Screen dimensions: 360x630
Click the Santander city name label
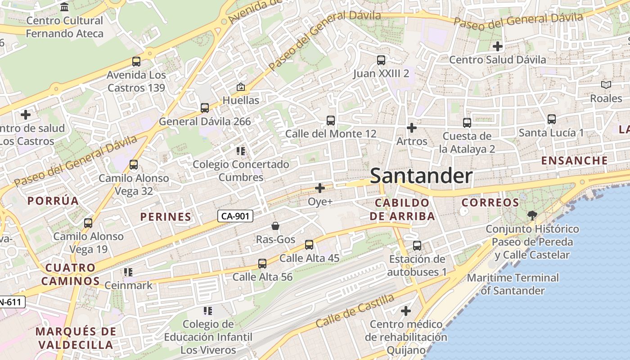[421, 176]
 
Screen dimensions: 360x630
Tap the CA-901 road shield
[235, 216]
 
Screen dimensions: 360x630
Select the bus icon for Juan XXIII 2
[381, 60]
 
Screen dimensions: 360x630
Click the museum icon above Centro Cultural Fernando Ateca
[64, 7]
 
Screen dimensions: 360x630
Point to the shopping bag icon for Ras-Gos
[275, 226]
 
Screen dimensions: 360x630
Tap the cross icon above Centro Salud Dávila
[497, 46]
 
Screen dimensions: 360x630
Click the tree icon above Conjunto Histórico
[532, 215]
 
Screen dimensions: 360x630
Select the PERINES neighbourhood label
[166, 217]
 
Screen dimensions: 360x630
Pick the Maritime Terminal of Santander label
[513, 284]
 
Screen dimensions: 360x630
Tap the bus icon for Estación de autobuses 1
[417, 246]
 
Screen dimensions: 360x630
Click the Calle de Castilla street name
[355, 310]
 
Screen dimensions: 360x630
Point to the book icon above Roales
[606, 85]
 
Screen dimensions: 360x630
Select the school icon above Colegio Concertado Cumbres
[241, 151]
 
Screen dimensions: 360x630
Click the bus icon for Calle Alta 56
[262, 264]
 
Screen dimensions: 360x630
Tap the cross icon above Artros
[411, 128]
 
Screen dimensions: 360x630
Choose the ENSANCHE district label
[574, 161]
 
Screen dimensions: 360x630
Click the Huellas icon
[241, 87]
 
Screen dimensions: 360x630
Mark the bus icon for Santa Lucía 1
[551, 119]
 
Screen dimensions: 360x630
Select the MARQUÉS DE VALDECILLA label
[76, 338]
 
